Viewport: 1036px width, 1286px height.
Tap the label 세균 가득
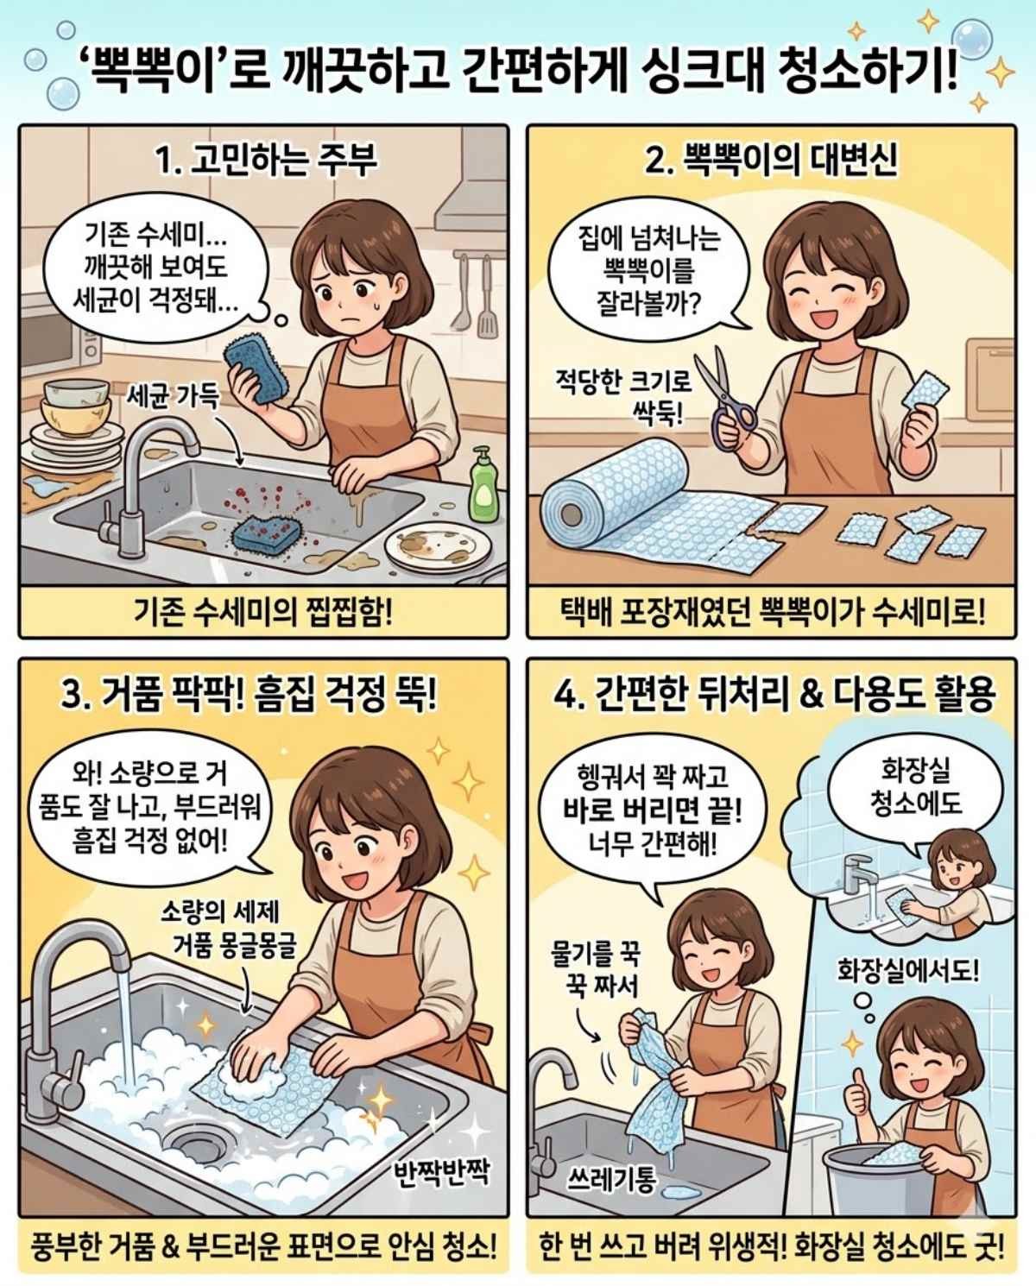[x=172, y=396]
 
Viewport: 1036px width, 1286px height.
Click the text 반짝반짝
[x=441, y=1172]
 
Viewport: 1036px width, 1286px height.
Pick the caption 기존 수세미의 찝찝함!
[x=263, y=613]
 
